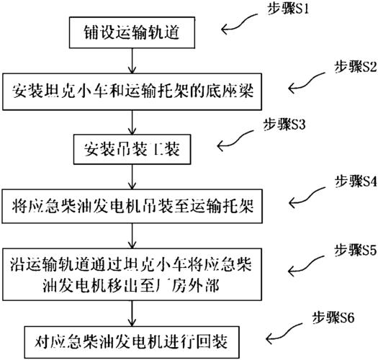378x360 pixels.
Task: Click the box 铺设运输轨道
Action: (x=132, y=32)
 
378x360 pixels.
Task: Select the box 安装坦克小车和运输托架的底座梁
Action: (x=132, y=91)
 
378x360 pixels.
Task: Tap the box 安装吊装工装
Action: (x=132, y=149)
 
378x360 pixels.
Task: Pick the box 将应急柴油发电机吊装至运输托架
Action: (x=132, y=206)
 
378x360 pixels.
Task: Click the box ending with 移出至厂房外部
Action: (x=132, y=274)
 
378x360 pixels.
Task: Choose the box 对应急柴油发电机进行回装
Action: (x=132, y=342)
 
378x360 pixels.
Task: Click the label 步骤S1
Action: (x=288, y=9)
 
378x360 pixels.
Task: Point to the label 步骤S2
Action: (x=356, y=67)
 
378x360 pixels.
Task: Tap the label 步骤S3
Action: (x=284, y=125)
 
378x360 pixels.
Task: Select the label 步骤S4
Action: (x=356, y=181)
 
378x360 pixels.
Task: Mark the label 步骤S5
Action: (x=355, y=250)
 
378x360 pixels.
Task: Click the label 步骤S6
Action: (x=333, y=318)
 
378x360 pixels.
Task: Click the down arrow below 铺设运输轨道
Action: (x=132, y=60)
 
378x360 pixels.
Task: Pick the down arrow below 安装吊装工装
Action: (x=132, y=177)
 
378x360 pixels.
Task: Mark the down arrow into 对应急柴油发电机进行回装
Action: (x=132, y=313)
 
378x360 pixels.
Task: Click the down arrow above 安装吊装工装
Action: (x=132, y=122)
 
